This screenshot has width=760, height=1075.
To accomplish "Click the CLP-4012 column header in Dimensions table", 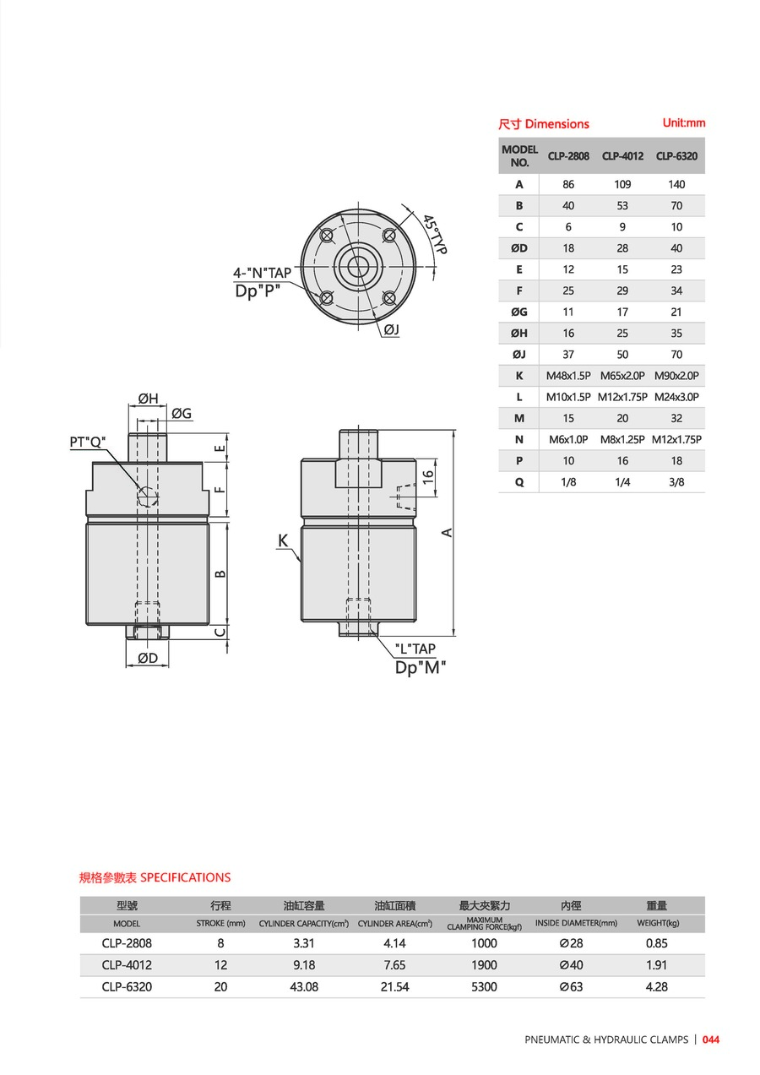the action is (622, 156).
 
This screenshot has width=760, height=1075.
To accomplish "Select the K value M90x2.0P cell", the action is (676, 376).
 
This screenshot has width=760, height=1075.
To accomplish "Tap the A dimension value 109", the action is (622, 184).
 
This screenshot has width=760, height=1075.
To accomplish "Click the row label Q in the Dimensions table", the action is (519, 482).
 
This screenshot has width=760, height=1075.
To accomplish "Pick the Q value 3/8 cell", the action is (676, 482).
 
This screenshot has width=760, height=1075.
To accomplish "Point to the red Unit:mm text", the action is (684, 122).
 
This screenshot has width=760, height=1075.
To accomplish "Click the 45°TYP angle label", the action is (435, 234).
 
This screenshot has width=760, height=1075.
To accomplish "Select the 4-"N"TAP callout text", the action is (262, 273).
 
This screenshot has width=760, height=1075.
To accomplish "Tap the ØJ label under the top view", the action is (392, 329).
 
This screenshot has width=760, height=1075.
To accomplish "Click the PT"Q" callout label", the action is (88, 442).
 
